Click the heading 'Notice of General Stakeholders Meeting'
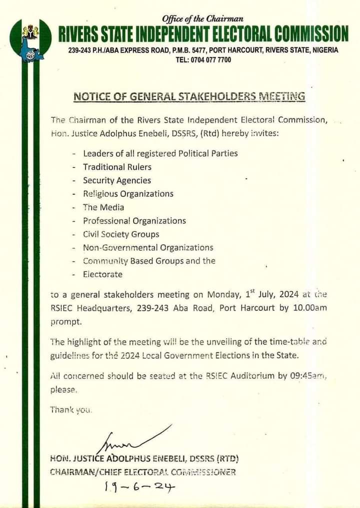pyautogui.click(x=189, y=96)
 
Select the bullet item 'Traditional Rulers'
pyautogui.click(x=117, y=167)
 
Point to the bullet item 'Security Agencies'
pyautogui.click(x=116, y=180)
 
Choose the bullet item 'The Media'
pyautogui.click(x=103, y=207)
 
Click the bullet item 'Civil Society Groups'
pyautogui.click(x=121, y=234)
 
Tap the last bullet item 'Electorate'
pyautogui.click(x=102, y=274)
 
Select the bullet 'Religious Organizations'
pyautogui.click(x=128, y=194)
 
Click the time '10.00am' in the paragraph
pyautogui.click(x=309, y=308)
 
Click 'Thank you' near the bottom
pyautogui.click(x=71, y=410)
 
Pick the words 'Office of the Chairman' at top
pyautogui.click(x=203, y=19)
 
